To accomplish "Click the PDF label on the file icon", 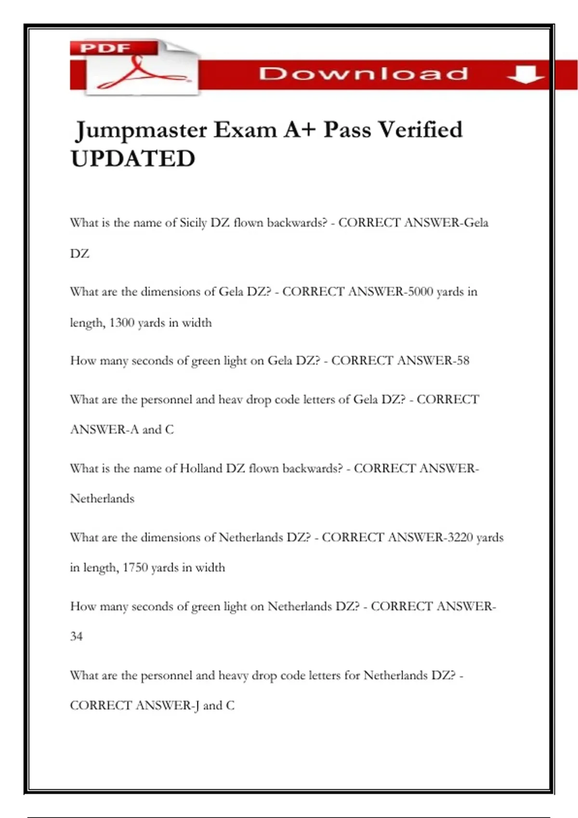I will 105,48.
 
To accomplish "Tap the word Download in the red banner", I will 364,74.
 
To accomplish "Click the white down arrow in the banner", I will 525,75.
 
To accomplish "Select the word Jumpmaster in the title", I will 142,130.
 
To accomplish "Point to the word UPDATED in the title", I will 133,159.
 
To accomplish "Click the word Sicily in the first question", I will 193,223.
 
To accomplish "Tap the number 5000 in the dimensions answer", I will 420,292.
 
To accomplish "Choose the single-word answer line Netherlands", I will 102,498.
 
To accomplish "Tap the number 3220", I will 460,537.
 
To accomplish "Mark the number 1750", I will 135,568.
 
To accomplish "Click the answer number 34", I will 76,637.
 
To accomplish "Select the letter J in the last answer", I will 196,706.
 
